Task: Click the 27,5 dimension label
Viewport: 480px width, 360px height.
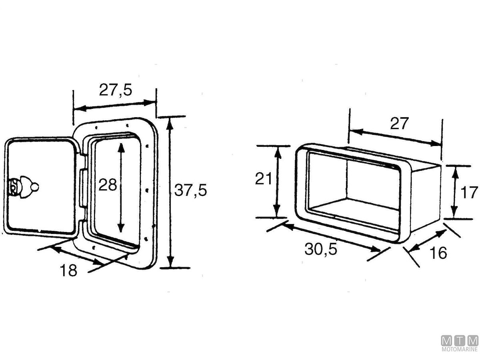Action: [x=115, y=90]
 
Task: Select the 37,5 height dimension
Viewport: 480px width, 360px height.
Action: [x=190, y=191]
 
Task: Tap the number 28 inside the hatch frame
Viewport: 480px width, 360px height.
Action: [x=108, y=185]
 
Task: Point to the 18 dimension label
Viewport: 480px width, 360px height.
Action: [x=68, y=271]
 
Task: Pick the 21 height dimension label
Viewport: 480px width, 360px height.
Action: [x=264, y=179]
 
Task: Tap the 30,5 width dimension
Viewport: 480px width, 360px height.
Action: [x=321, y=249]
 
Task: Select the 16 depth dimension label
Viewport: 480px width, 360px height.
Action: [x=439, y=253]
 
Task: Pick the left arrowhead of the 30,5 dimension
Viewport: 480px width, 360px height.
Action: [x=285, y=226]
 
